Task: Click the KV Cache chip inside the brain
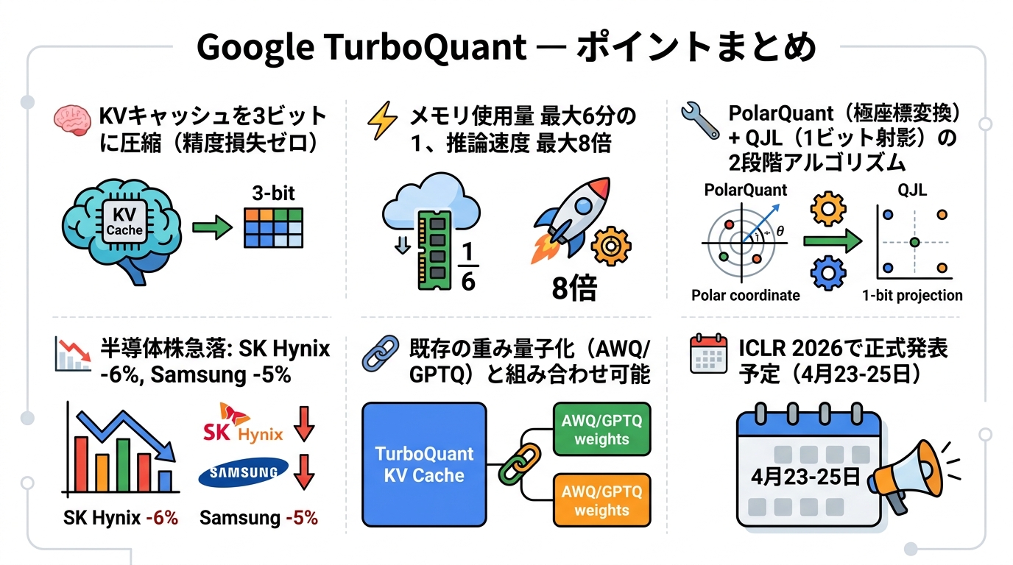[x=124, y=221]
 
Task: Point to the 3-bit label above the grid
[x=272, y=193]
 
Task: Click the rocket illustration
[x=572, y=219]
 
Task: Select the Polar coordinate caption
[x=745, y=296]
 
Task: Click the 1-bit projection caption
[x=913, y=296]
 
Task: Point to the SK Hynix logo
[x=242, y=424]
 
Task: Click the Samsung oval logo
[x=244, y=472]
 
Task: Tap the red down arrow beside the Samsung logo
[x=304, y=472]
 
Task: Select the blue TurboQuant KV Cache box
[x=425, y=464]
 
